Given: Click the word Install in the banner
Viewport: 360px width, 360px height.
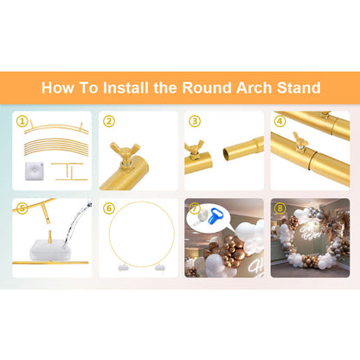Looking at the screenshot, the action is [125, 87].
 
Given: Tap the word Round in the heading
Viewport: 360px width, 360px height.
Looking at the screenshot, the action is [207, 87].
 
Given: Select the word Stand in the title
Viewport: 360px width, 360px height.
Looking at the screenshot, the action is [299, 87].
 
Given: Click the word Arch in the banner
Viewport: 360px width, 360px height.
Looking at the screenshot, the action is [254, 87].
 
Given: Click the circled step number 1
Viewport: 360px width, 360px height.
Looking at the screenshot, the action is [22, 121].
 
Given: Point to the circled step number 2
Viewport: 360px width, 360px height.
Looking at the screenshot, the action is [109, 121].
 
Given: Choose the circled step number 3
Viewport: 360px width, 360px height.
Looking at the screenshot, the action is [195, 121].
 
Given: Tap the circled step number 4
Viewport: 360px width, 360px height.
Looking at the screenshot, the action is [280, 121].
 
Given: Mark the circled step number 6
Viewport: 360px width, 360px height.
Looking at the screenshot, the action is [109, 209].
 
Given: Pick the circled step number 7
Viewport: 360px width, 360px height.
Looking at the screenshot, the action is [196, 209].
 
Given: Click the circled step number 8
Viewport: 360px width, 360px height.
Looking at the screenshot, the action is [280, 209].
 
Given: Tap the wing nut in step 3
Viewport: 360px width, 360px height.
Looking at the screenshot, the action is [194, 149].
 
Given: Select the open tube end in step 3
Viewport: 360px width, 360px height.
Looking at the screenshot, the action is [227, 153].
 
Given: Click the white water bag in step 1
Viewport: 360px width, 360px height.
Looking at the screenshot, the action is [34, 171].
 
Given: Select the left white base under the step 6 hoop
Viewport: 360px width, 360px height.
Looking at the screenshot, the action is [123, 268].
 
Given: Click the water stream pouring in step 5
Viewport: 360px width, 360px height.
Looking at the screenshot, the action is [75, 223].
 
